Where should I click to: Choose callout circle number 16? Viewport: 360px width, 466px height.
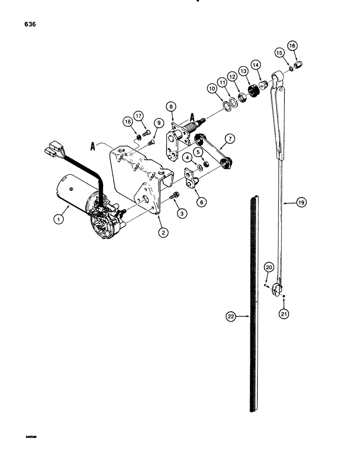click(292, 46)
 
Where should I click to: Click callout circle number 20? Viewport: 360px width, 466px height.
click(269, 267)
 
